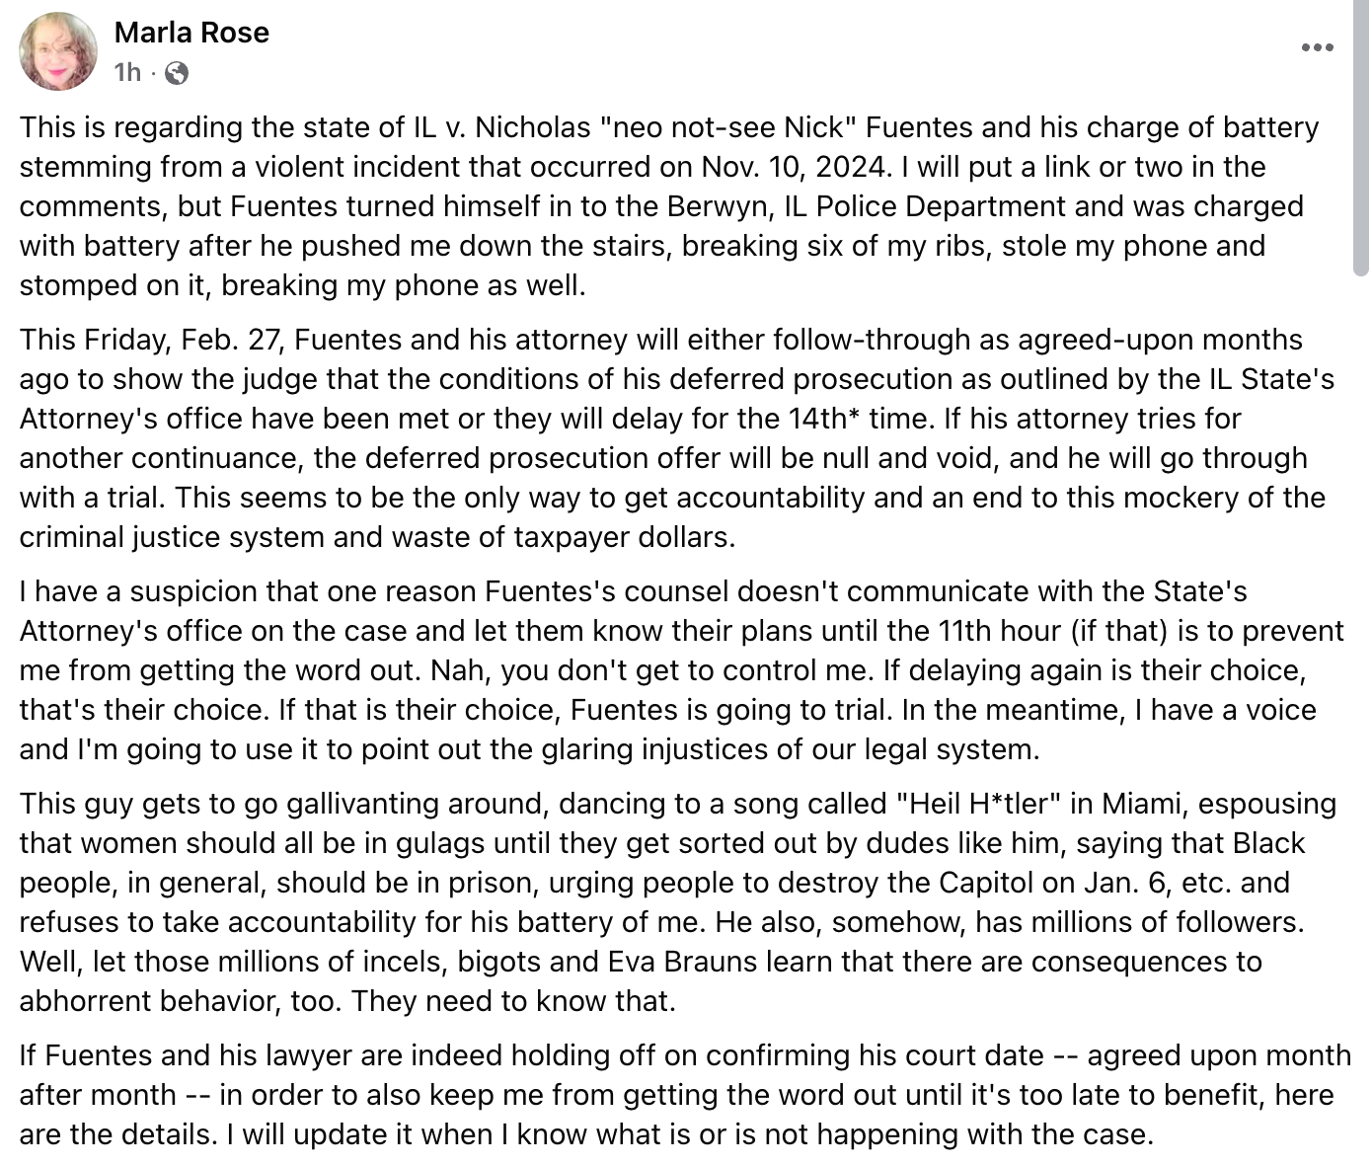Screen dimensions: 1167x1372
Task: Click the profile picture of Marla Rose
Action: [x=58, y=51]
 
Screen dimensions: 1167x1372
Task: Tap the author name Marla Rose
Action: [x=191, y=33]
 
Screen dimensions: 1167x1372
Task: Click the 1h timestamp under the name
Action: [x=127, y=72]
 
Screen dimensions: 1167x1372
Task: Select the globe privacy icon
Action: [x=177, y=72]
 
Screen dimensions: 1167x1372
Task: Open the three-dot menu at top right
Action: [x=1317, y=47]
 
